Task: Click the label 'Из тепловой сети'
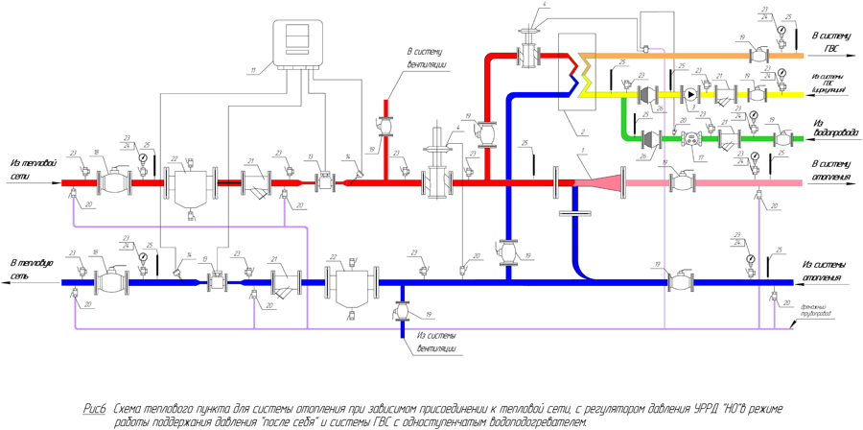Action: click(x=30, y=170)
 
